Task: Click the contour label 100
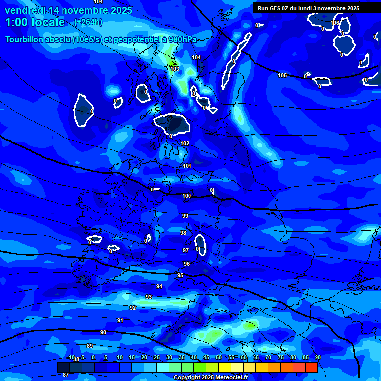pos(187,196)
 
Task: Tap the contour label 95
pos(180,275)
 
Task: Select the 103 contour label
pos(175,69)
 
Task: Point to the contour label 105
pos(282,75)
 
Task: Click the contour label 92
pos(133,308)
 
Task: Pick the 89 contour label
pos(90,346)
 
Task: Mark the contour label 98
pos(183,233)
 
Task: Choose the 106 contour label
pos(335,23)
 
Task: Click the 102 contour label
pos(185,143)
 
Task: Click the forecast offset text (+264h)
pos(88,22)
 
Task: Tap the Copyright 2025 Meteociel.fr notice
pos(210,377)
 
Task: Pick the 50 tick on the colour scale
pos(218,357)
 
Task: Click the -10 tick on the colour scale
pos(71,357)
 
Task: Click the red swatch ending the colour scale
pos(312,367)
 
